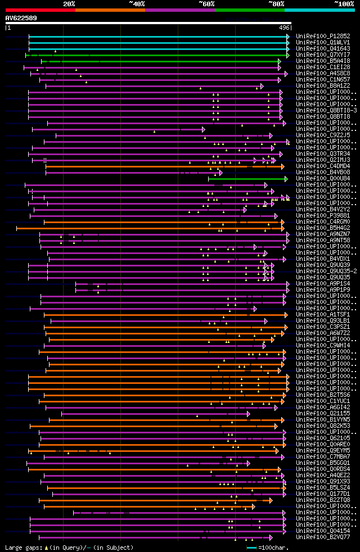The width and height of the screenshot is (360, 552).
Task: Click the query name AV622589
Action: coord(21,18)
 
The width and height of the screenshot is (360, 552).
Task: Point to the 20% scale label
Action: coord(69,4)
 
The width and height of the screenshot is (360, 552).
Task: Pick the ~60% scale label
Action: coord(206,4)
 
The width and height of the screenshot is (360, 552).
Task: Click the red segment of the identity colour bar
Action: coord(40,10)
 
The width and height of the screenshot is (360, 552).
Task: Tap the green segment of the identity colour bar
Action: coord(249,10)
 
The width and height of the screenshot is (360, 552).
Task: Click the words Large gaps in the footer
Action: coord(21,548)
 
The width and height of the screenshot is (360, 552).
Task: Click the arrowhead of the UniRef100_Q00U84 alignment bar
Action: coord(286,179)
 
